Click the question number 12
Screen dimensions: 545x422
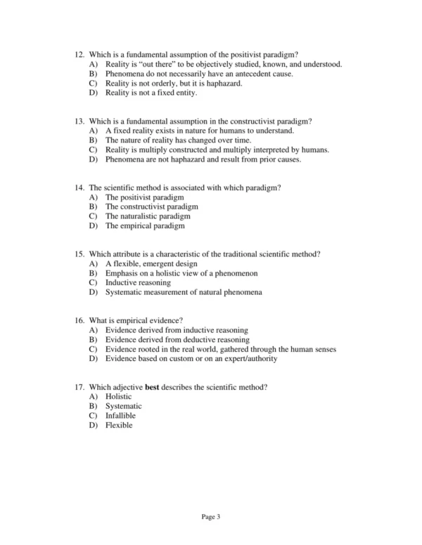pyautogui.click(x=78, y=54)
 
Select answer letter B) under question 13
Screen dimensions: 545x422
pyautogui.click(x=93, y=140)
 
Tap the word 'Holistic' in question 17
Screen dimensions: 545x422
pyautogui.click(x=118, y=397)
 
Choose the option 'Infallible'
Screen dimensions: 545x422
pyautogui.click(x=120, y=416)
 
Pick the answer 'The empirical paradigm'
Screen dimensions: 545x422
pyautogui.click(x=145, y=226)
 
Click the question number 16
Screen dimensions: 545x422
pyautogui.click(x=78, y=320)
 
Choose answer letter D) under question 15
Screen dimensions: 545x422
pyautogui.click(x=93, y=292)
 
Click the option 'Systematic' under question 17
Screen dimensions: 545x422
pyautogui.click(x=123, y=406)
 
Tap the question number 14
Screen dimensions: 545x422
pyautogui.click(x=78, y=188)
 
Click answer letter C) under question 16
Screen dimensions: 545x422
pyautogui.click(x=93, y=349)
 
